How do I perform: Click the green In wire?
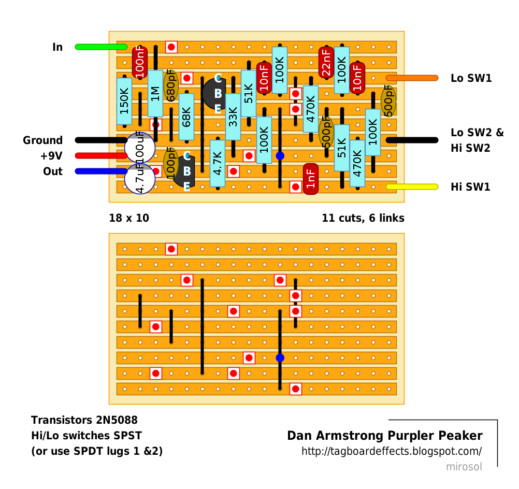pos(101,47)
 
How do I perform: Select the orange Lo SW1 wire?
pos(412,78)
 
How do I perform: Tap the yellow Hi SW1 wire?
pos(412,186)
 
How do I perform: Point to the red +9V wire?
pos(101,155)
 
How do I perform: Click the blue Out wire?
pos(101,171)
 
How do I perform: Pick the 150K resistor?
pos(124,101)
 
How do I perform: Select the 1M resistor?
pos(155,93)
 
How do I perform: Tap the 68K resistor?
pos(186,117)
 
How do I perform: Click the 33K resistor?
pos(233,117)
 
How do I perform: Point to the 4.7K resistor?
pos(218,163)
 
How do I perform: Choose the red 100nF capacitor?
pos(140,62)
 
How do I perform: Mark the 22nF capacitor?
pos(326,62)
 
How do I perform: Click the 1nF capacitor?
pos(310,179)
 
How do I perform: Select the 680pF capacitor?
pos(171,85)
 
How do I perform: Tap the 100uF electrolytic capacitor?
pos(140,148)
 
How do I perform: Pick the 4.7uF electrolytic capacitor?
pos(140,179)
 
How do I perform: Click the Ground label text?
pos(42,140)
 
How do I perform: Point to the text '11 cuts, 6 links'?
pos(363,218)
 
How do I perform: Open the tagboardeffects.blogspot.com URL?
pos(392,451)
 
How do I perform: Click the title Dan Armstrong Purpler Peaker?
pos(385,436)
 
